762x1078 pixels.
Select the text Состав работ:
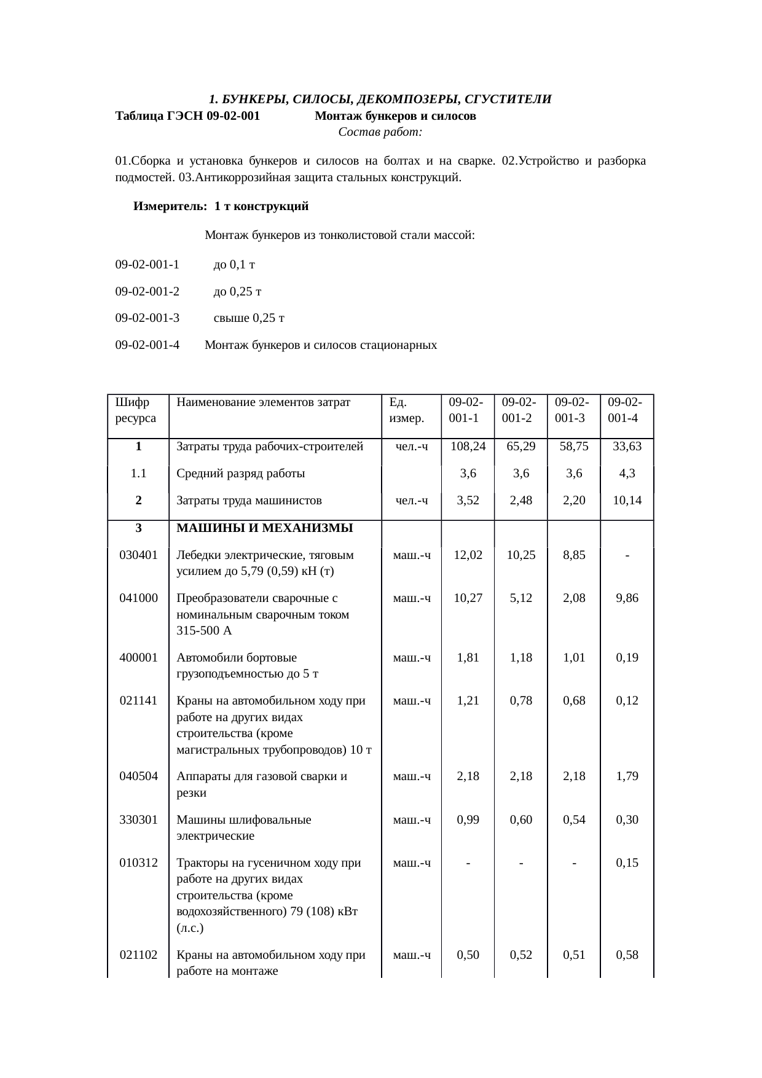[380, 132]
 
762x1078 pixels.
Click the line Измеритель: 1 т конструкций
[221, 206]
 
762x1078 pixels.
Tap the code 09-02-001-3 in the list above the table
[147, 318]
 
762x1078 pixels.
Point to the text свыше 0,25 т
[248, 318]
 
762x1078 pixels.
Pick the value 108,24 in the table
[468, 447]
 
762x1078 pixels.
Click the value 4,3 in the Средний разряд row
[627, 474]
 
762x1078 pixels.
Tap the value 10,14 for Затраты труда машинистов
[627, 501]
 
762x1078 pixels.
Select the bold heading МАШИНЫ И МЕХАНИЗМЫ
[264, 528]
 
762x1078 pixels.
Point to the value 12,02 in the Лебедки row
[468, 555]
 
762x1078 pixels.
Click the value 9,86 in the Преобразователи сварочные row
[627, 598]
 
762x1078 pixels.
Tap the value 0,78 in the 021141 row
[520, 701]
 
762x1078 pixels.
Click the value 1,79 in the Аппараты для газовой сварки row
[627, 776]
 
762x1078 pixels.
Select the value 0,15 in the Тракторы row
[627, 863]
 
